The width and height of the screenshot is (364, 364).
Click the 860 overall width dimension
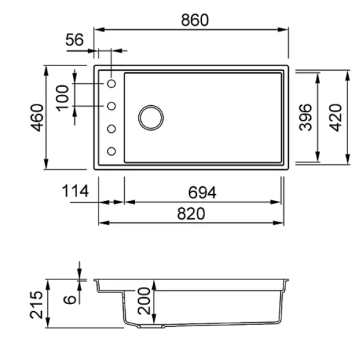coord(195,20)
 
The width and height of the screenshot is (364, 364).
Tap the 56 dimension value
coord(74,40)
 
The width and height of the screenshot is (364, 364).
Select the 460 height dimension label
coord(37,118)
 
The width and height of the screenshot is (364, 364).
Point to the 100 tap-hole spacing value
coord(63,98)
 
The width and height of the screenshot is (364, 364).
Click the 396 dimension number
coord(306,117)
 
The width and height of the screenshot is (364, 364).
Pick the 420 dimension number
coord(336,118)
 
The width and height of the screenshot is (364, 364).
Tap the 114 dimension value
coord(75,191)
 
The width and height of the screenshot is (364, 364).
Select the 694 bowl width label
coord(202,193)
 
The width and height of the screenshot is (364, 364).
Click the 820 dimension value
coord(191,214)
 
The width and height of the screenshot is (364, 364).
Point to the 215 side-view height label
coord(36,304)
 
